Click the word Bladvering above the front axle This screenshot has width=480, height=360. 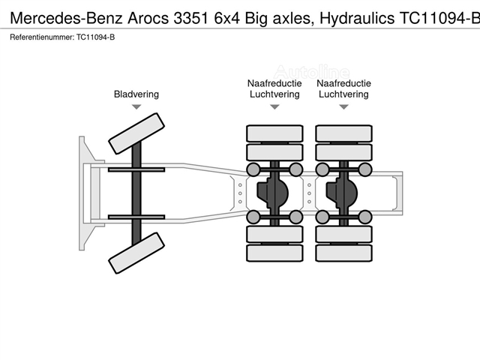(x=136, y=94)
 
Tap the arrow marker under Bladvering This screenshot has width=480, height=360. (x=136, y=106)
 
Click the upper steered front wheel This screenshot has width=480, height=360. (x=136, y=133)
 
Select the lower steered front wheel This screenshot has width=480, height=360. (x=136, y=253)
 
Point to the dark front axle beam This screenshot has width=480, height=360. (x=136, y=193)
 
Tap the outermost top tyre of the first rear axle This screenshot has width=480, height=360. (x=274, y=133)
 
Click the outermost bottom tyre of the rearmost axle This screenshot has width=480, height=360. (x=343, y=253)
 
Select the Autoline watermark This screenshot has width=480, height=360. (x=311, y=72)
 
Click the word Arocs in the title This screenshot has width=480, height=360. (x=148, y=18)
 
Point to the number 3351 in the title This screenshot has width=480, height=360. (x=191, y=18)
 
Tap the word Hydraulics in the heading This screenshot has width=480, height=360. (x=357, y=18)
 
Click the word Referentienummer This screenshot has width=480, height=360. (x=42, y=37)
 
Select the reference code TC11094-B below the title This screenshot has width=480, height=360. (x=95, y=37)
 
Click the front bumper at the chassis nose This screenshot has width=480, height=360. (x=86, y=193)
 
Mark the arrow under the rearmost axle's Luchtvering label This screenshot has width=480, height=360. (x=343, y=106)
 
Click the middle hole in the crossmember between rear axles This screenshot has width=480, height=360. (x=309, y=193)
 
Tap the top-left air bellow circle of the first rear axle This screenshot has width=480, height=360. (x=253, y=169)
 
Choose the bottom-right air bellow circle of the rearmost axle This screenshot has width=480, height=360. (x=365, y=217)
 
